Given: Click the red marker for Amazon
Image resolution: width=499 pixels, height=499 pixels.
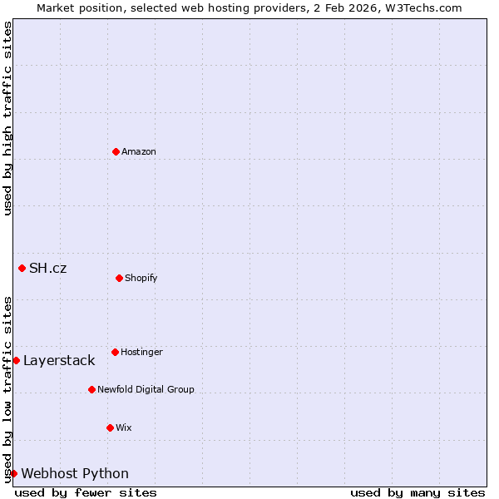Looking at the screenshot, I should pyautogui.click(x=116, y=151).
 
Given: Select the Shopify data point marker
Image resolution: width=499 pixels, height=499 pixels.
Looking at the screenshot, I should pyautogui.click(x=119, y=278).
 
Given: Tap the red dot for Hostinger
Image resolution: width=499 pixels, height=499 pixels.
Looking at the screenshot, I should pyautogui.click(x=115, y=352).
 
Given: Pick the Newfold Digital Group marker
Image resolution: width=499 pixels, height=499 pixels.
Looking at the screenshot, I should pyautogui.click(x=91, y=389).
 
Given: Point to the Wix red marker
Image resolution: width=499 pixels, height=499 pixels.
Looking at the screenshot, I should pyautogui.click(x=110, y=427).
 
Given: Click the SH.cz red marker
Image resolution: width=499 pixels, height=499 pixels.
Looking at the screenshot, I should pyautogui.click(x=22, y=268).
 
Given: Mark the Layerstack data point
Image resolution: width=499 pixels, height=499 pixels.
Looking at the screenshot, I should pyautogui.click(x=16, y=360).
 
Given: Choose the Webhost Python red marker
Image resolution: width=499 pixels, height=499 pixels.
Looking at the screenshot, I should pyautogui.click(x=13, y=473).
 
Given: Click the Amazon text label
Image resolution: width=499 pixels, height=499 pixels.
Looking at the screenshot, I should pyautogui.click(x=139, y=151).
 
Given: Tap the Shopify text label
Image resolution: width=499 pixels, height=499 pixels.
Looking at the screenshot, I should pyautogui.click(x=141, y=278).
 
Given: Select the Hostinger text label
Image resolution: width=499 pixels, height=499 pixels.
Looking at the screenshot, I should pyautogui.click(x=141, y=352).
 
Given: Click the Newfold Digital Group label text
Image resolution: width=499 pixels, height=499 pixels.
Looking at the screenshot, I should pyautogui.click(x=146, y=389).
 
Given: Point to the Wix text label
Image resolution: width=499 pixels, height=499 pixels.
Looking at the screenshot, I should pyautogui.click(x=124, y=427).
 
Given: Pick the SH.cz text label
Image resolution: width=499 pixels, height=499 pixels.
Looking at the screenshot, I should pyautogui.click(x=48, y=268).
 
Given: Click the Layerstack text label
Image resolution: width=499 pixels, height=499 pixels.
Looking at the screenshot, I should pyautogui.click(x=59, y=360).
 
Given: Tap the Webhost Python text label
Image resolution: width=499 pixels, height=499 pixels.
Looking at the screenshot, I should pyautogui.click(x=75, y=473).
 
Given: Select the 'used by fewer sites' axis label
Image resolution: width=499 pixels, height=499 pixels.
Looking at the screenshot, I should pyautogui.click(x=86, y=492).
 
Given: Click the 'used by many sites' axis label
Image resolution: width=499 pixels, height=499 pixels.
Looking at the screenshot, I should pyautogui.click(x=417, y=492).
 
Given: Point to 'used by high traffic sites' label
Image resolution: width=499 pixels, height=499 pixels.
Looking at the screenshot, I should pyautogui.click(x=7, y=118).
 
